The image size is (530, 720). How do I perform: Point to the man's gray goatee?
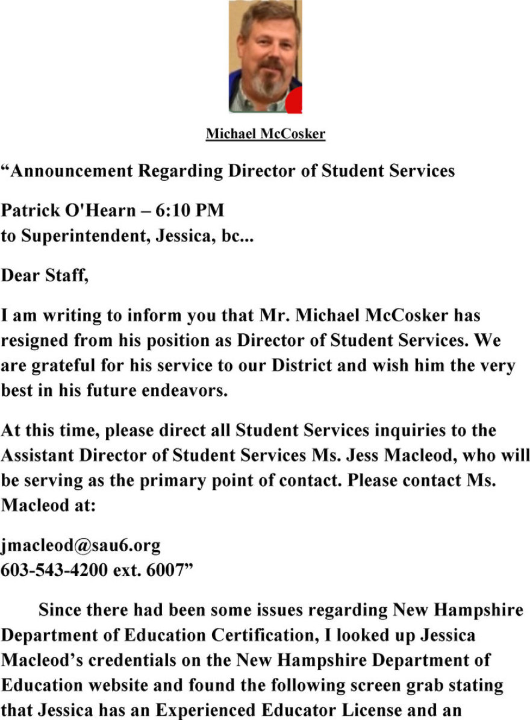pos(266,84)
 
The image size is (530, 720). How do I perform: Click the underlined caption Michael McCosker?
pos(265,134)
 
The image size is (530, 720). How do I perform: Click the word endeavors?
pos(191,391)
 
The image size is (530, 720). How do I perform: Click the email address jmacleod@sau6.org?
pos(81,546)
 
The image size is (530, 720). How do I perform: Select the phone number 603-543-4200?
pos(55,571)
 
